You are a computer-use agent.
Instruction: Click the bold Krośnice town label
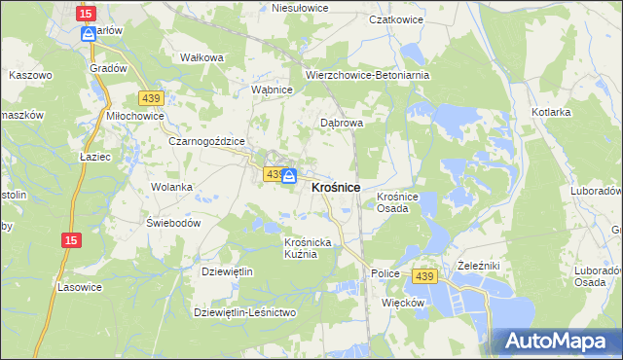point(336,187)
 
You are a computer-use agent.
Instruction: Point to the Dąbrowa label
point(342,124)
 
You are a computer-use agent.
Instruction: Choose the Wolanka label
point(171,186)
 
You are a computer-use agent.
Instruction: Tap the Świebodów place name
point(173,222)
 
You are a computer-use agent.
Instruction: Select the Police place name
point(385,274)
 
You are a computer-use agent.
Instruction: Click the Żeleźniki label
point(477,265)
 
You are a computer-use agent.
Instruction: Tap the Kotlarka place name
point(551,113)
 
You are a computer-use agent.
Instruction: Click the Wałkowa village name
point(202,57)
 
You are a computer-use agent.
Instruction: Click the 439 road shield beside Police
point(422,277)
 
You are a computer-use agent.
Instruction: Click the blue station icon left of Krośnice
point(289,176)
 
